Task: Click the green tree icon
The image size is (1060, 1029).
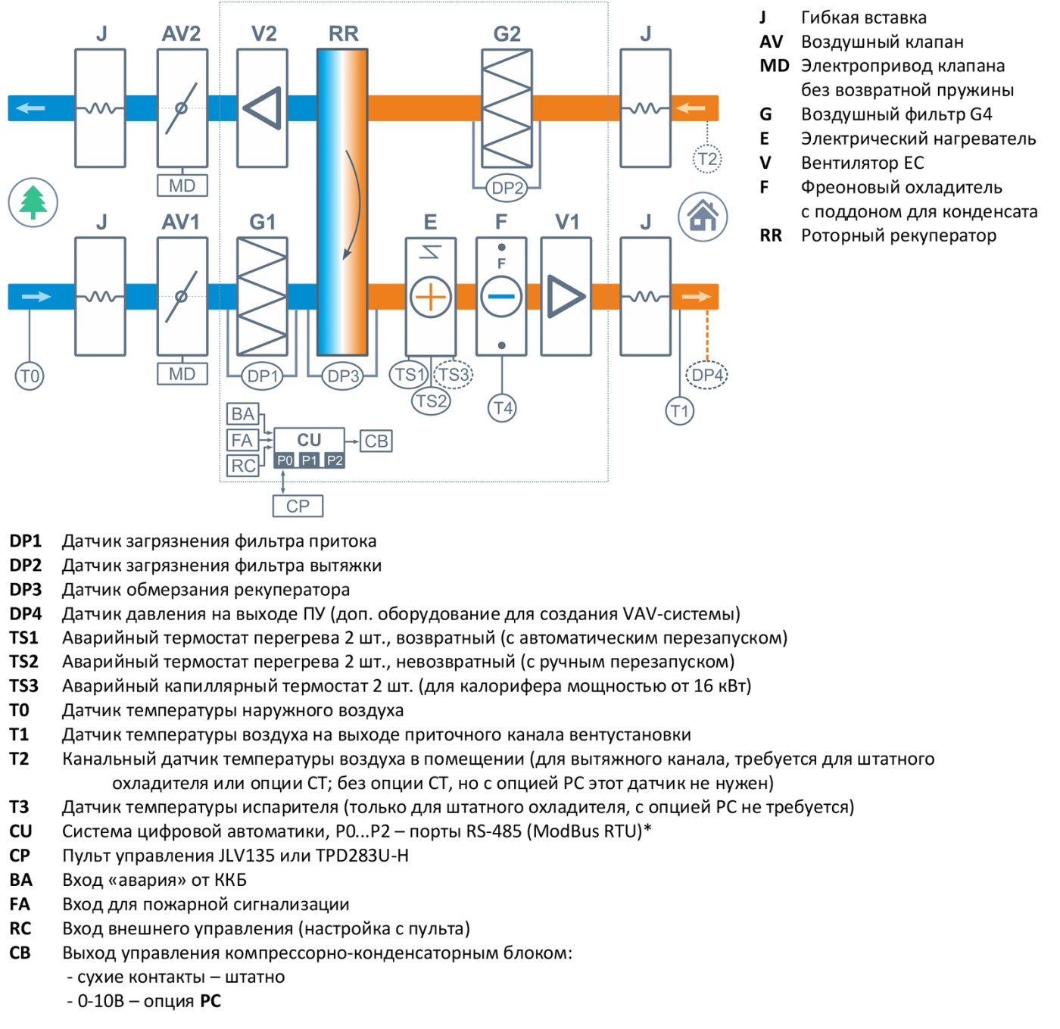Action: [33, 203]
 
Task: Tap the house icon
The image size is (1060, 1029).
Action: [703, 217]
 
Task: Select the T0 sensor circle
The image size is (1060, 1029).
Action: [30, 376]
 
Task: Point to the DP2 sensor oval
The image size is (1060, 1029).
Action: [507, 188]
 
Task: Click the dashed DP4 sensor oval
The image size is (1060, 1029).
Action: [706, 375]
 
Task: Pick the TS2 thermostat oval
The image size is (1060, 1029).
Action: [432, 401]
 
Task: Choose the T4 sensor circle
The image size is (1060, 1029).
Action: [502, 408]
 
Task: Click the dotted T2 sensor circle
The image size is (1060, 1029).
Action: [707, 159]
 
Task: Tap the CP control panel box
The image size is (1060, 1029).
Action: [298, 506]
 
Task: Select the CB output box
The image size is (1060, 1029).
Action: [376, 441]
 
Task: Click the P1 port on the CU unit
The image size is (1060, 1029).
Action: [310, 460]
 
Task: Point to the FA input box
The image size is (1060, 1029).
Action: [242, 440]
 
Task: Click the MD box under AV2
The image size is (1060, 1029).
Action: [182, 186]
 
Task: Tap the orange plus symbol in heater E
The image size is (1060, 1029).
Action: [430, 298]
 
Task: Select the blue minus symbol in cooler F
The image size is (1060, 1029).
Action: [501, 297]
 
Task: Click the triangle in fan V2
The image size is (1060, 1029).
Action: [265, 108]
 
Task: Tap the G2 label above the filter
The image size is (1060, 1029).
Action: [507, 34]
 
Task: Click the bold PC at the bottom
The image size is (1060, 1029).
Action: [210, 1001]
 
